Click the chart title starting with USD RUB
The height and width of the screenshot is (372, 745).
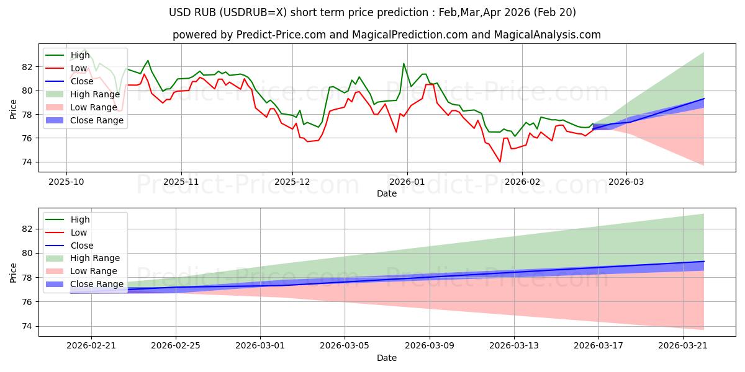point(372,12)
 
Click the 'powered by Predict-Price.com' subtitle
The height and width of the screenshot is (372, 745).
point(386,35)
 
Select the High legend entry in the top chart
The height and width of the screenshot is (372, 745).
point(80,55)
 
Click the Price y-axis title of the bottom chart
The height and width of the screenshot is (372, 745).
point(13,272)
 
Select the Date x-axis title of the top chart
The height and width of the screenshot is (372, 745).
point(386,193)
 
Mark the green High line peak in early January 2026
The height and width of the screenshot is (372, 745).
point(404,63)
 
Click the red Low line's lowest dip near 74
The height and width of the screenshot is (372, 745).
point(500,162)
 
